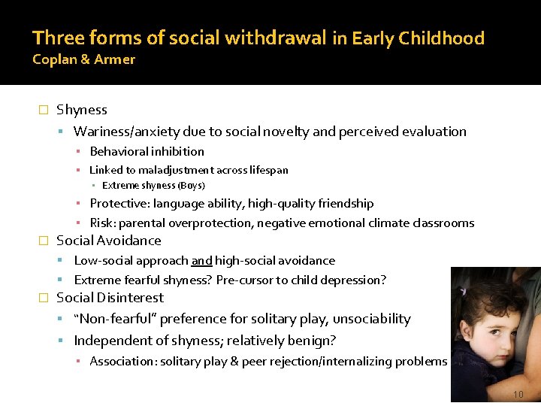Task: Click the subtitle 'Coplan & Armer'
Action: tap(83, 59)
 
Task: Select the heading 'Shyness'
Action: tap(82, 110)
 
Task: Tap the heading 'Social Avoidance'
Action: tap(109, 241)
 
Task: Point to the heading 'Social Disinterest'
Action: tap(110, 298)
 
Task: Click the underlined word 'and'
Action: tap(201, 261)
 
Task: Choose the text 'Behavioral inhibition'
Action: tap(147, 152)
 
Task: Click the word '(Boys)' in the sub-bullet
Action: tap(191, 186)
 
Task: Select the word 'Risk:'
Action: tap(103, 223)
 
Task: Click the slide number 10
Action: tap(518, 395)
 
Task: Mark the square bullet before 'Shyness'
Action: tap(43, 111)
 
